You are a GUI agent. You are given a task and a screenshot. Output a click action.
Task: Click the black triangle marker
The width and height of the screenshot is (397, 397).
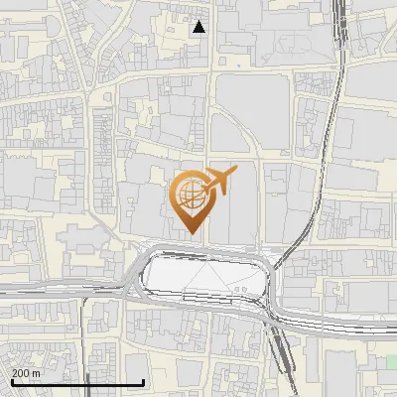coord(199,27)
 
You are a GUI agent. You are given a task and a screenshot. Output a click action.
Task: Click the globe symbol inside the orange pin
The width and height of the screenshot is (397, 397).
coord(188,197)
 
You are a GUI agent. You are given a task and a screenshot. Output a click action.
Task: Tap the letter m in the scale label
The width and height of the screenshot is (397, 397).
coord(36,373)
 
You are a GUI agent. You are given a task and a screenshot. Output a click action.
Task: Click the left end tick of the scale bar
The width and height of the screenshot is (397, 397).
coord(11,382)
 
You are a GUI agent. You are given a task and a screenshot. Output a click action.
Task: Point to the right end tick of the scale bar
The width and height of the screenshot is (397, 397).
coord(144,382)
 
